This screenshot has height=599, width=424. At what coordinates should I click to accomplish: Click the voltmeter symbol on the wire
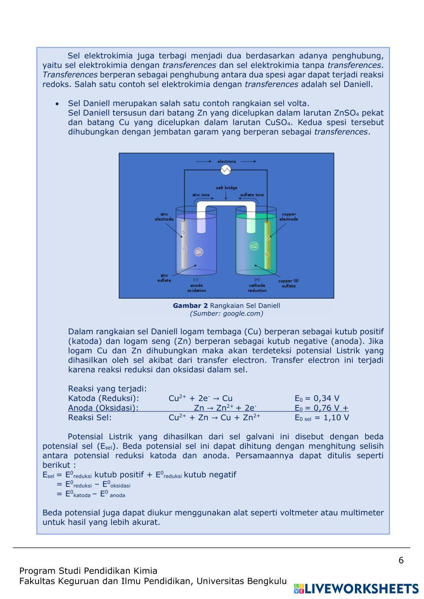pos(226,170)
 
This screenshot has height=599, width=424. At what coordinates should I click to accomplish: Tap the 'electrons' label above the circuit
pos(226,161)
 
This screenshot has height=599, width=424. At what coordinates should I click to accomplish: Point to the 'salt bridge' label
pos(226,188)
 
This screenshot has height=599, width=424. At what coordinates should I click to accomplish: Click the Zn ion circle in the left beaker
pos(198,252)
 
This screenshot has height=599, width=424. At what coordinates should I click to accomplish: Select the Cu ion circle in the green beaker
pos(254,246)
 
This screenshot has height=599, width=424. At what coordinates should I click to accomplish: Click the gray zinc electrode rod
pos(184,244)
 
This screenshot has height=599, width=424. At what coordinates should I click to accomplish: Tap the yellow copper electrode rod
pos(267,245)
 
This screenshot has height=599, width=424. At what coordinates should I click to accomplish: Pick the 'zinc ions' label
pos(201,195)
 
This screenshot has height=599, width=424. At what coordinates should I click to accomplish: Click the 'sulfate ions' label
pos(252,195)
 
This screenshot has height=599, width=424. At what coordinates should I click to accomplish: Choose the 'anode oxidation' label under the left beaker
pos(196,288)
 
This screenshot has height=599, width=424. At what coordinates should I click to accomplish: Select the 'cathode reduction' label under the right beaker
pos(257,288)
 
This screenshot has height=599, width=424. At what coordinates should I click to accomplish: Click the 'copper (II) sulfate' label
pos(288,283)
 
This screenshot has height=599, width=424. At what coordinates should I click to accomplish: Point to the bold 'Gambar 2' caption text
pos(190,305)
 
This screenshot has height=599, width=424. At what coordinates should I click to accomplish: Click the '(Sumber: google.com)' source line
pos(226,313)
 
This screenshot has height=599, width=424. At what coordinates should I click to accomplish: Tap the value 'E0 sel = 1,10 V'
pos(322,418)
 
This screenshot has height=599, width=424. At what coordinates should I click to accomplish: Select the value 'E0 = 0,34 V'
pos(317,398)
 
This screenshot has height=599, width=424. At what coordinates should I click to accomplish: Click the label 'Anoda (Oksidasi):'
pos(103,408)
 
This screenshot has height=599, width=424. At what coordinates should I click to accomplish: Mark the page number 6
pos(401,560)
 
